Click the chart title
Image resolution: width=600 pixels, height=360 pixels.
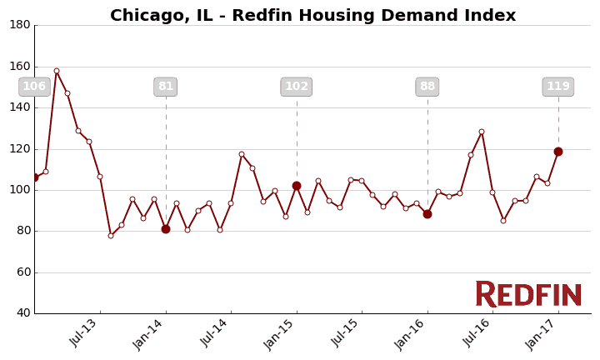click(x=312, y=16)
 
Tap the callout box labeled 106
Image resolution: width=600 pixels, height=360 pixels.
click(x=34, y=87)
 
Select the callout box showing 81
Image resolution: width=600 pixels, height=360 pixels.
click(x=166, y=87)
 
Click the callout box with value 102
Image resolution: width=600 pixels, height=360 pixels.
click(x=297, y=87)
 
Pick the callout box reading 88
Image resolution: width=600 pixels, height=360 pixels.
click(x=427, y=87)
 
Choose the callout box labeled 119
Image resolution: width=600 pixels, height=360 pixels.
click(x=558, y=87)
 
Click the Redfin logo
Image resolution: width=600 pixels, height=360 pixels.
click(x=528, y=294)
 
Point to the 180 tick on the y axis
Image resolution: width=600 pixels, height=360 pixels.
click(x=20, y=25)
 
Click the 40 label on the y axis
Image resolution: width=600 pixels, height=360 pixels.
click(x=22, y=313)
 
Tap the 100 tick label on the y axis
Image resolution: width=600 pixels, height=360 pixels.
click(x=20, y=190)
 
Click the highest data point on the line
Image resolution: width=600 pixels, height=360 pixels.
click(x=57, y=71)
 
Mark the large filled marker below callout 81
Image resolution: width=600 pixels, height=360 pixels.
click(x=166, y=229)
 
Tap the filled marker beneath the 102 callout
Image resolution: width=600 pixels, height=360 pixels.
click(x=297, y=186)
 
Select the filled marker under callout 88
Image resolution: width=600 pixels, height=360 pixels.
click(x=427, y=214)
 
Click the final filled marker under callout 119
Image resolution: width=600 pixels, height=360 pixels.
click(x=558, y=152)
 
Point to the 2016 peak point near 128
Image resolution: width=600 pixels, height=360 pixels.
click(x=482, y=132)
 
